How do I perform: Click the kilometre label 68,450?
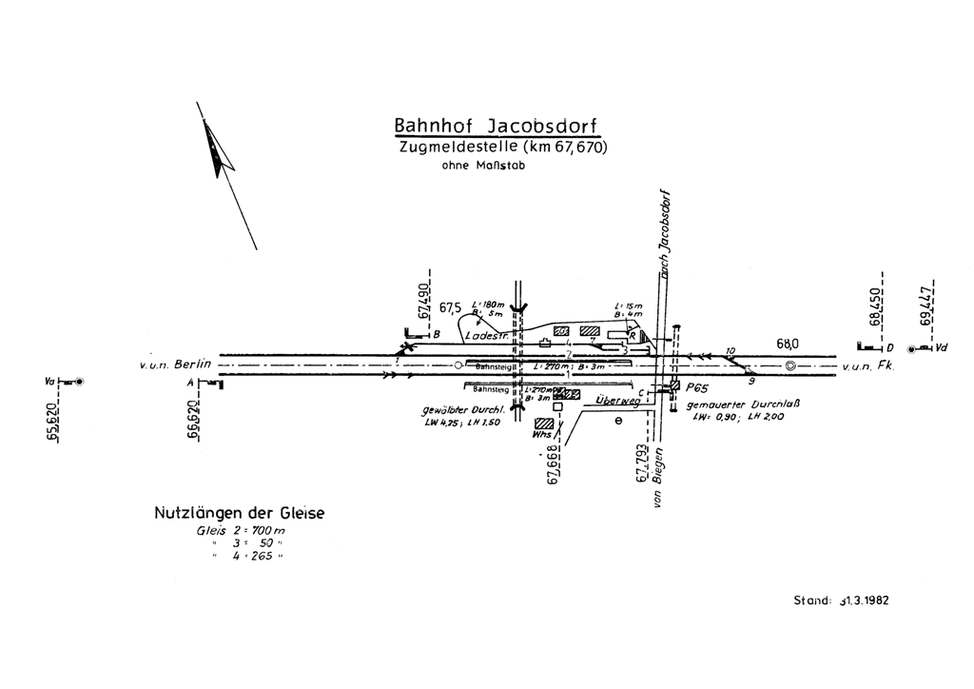875,304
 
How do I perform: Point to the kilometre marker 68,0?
788,344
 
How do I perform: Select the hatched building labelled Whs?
544,423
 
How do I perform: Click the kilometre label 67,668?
552,464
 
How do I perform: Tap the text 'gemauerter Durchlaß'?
735,404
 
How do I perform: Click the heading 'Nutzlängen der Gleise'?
239,514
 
